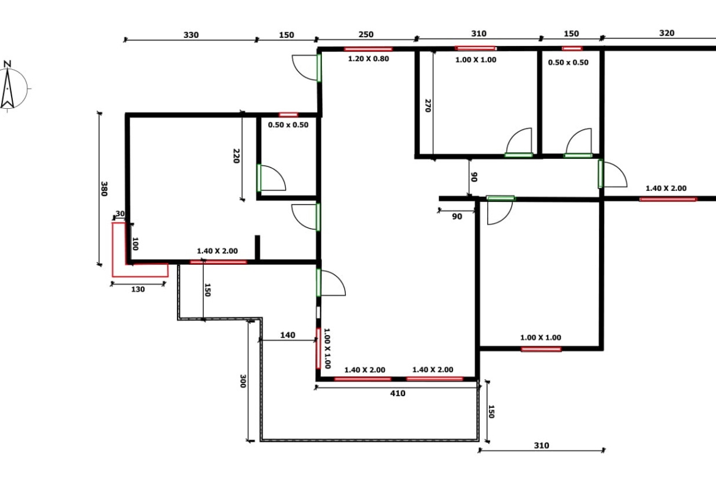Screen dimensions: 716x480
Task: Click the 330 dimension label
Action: click(x=191, y=35)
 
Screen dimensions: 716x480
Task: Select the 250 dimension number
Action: click(x=366, y=34)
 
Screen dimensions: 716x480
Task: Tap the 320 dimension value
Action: click(x=666, y=33)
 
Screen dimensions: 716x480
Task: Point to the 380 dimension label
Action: click(x=104, y=189)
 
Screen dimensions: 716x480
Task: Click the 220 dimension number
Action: click(x=236, y=156)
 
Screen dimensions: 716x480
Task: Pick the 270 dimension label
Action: click(x=428, y=106)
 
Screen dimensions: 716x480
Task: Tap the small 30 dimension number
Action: click(x=119, y=213)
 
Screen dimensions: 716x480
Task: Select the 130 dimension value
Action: click(x=138, y=289)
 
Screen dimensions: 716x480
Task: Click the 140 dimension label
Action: click(x=287, y=335)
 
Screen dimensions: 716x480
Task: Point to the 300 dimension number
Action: click(x=243, y=382)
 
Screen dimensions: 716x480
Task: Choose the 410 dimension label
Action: click(x=398, y=393)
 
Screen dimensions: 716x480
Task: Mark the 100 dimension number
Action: click(x=135, y=243)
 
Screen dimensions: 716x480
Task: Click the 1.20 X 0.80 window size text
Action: click(x=368, y=59)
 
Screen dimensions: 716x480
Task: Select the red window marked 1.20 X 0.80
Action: click(x=368, y=49)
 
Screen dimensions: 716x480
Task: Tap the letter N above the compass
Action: click(x=7, y=64)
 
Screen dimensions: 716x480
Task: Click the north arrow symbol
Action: click(x=7, y=89)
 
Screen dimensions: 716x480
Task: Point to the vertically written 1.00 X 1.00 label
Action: click(x=327, y=349)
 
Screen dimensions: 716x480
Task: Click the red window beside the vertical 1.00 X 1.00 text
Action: click(x=318, y=349)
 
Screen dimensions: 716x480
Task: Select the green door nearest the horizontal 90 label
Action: click(x=501, y=198)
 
